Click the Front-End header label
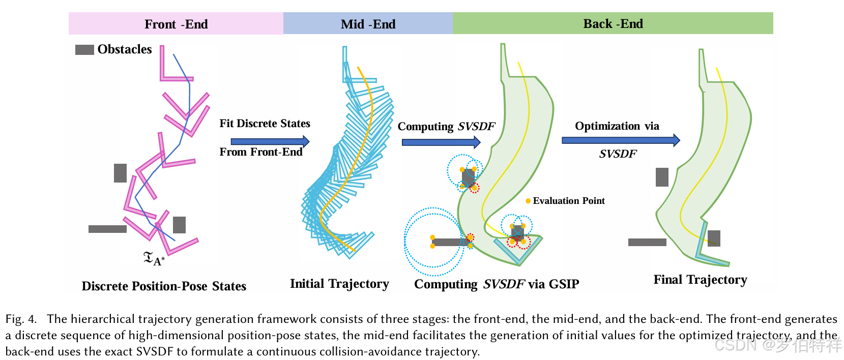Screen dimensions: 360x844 point(176,24)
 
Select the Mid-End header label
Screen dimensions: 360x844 point(368,24)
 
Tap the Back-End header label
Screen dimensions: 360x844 point(613,24)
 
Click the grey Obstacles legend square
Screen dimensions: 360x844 point(84,50)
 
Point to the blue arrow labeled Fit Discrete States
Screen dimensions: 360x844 point(270,141)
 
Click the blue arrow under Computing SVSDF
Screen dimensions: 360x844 point(441,142)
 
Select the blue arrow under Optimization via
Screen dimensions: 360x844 point(620,140)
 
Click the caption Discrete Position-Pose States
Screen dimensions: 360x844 point(164,286)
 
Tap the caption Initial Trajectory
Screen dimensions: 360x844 point(339,284)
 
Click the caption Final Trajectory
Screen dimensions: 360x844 point(700,280)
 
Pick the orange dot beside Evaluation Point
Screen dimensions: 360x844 point(528,201)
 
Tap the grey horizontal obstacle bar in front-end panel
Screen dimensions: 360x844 point(107,229)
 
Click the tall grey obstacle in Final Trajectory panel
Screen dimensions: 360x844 point(662,177)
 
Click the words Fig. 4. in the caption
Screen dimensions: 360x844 point(21,319)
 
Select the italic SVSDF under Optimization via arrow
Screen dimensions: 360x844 point(617,154)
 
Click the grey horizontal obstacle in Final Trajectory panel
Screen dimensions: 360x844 point(647,242)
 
